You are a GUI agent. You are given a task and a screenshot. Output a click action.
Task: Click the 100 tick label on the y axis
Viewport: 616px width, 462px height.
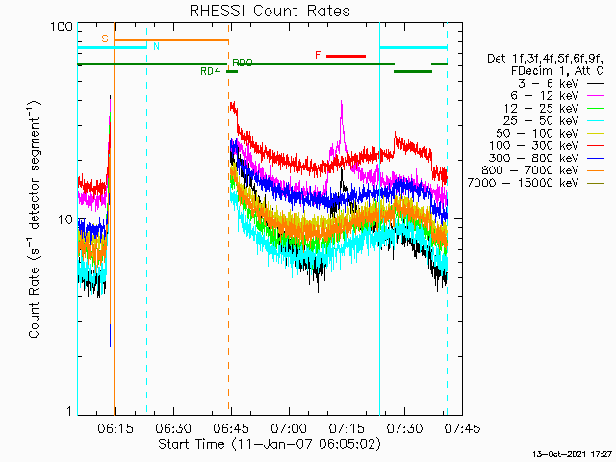pyautogui.click(x=62, y=26)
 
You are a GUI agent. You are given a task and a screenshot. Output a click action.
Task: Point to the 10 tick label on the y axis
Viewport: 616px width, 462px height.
pyautogui.click(x=65, y=219)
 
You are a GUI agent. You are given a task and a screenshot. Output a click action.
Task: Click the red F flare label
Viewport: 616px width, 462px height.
pyautogui.click(x=318, y=56)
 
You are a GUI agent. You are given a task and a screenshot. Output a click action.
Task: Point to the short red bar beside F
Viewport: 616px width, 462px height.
pyautogui.click(x=346, y=56)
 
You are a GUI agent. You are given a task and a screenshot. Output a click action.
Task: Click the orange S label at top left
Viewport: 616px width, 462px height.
pyautogui.click(x=105, y=38)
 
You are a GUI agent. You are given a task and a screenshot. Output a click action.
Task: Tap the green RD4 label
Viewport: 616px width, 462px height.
pyautogui.click(x=210, y=71)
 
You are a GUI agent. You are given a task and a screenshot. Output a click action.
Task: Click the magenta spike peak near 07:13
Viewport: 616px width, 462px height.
pyautogui.click(x=341, y=104)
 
